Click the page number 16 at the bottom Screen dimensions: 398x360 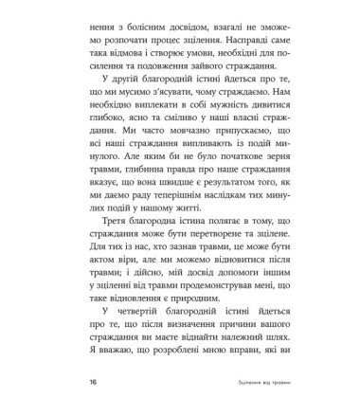(x=92, y=381)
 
